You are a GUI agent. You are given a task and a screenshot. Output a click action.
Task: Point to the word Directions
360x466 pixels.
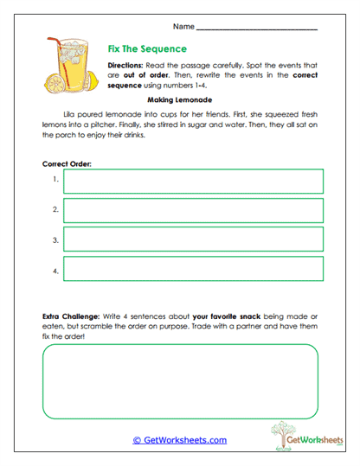126,67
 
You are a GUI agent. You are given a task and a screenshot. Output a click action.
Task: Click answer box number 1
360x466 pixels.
192,181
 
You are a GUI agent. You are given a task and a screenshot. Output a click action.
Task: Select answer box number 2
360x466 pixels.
192,210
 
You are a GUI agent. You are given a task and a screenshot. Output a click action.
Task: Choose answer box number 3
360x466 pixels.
192,239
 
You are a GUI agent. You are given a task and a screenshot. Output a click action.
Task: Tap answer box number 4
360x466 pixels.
192,269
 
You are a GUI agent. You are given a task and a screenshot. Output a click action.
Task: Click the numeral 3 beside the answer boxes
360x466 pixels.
55,239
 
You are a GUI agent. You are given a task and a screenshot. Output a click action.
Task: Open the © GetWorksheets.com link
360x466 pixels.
179,440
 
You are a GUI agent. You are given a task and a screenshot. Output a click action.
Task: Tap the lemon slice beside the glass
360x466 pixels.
53,85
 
